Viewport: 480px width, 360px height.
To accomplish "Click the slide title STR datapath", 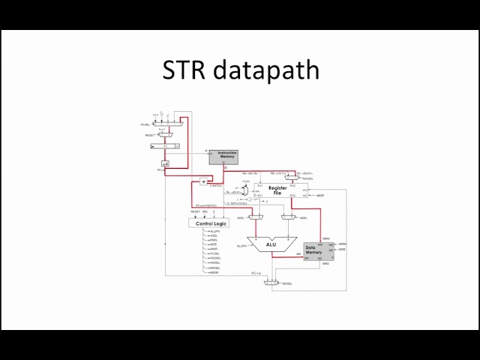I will pyautogui.click(x=241, y=70).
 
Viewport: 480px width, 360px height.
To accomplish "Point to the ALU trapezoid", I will pyautogui.click(x=271, y=244).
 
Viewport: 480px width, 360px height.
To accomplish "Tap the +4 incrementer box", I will pyautogui.click(x=166, y=163).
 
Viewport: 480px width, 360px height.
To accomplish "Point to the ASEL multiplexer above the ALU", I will pyautogui.click(x=256, y=217).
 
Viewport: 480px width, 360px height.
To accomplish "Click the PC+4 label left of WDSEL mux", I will pyautogui.click(x=256, y=274).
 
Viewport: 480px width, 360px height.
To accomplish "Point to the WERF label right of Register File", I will pyautogui.click(x=318, y=195).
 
